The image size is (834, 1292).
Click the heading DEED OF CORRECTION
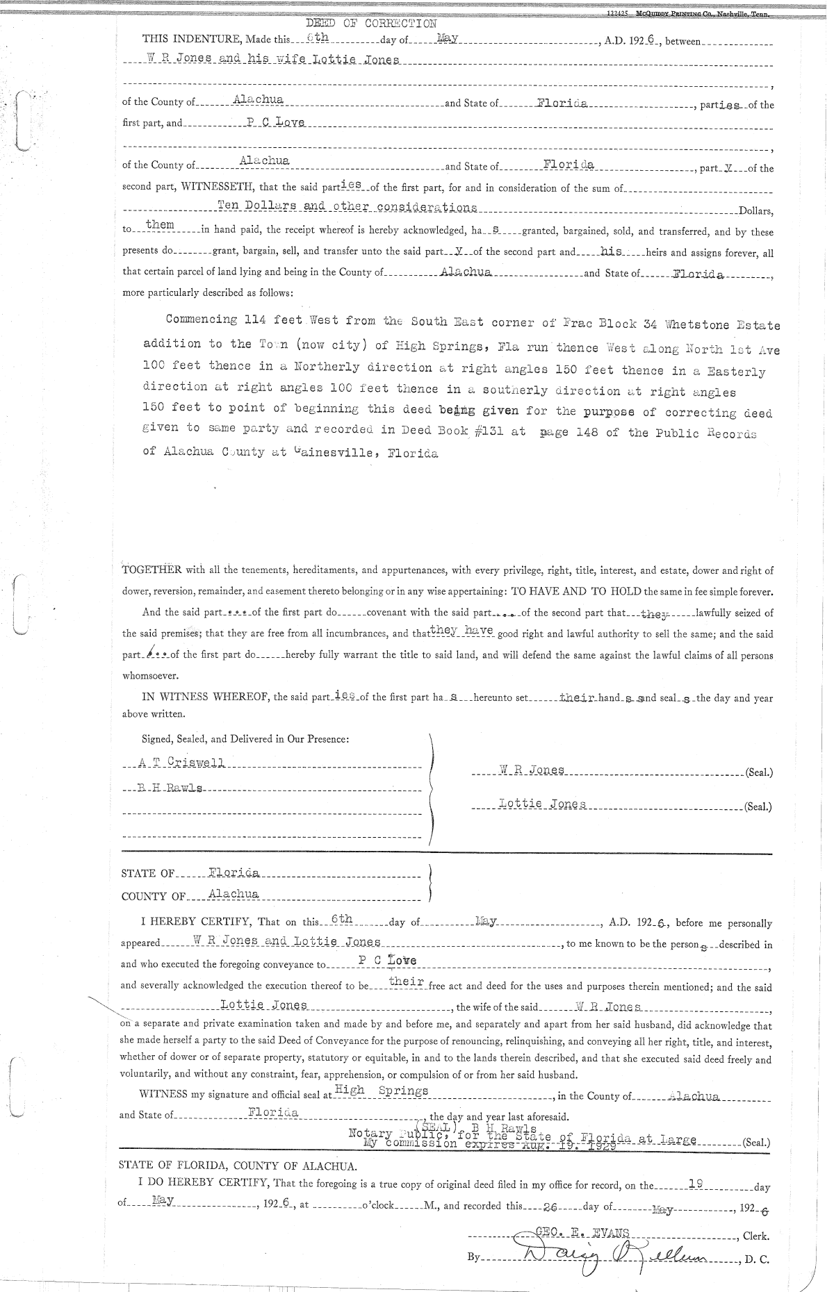click(371, 24)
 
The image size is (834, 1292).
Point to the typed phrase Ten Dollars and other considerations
click(347, 207)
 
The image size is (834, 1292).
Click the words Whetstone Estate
click(722, 324)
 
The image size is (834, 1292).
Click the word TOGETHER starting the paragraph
click(152, 571)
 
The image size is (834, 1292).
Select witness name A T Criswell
click(181, 763)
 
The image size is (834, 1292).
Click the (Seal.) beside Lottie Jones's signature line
click(758, 807)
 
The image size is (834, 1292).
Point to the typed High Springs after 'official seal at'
click(381, 1090)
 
